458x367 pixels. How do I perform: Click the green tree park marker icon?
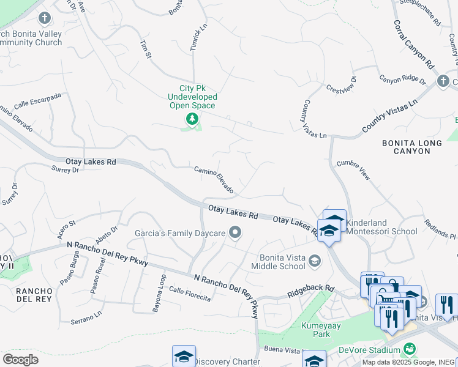(192, 119)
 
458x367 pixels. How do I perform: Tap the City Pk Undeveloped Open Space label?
(193, 97)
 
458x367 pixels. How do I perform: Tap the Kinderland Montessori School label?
(382, 227)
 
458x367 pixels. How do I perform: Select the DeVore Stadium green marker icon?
(410, 349)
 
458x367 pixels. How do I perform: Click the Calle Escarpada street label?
(38, 99)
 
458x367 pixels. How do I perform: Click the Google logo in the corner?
(20, 360)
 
